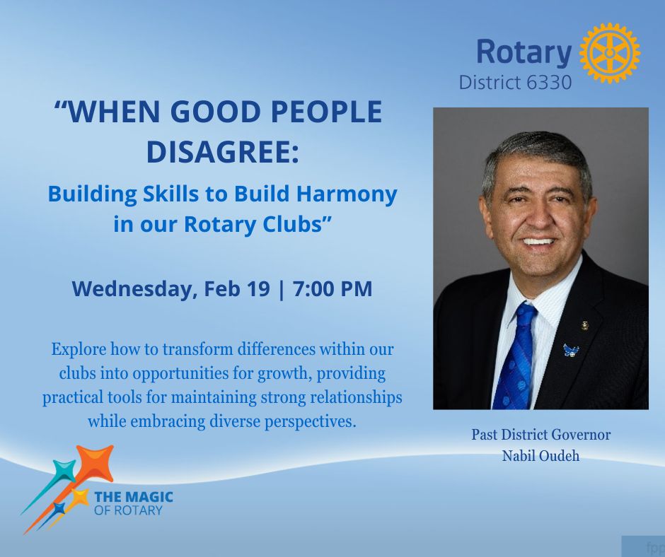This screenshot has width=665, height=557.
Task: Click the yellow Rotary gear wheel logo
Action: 609,52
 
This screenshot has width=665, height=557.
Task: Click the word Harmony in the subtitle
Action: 347,194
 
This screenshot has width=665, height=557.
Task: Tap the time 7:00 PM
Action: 332,288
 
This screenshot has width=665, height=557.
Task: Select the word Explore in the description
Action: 79,350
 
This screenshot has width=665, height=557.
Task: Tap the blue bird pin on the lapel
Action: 570,350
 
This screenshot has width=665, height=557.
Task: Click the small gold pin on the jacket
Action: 585,326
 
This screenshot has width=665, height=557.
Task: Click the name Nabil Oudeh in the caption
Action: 540,456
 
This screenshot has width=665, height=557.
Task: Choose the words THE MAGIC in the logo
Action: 133,496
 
